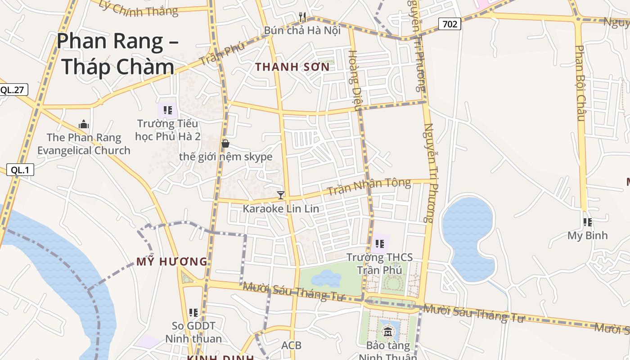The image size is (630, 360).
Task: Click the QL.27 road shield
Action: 12,90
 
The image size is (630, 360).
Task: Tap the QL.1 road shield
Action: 20,170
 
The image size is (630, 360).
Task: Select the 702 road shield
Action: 450,24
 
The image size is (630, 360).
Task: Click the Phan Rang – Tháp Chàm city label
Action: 117,54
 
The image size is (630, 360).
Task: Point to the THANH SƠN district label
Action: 292,67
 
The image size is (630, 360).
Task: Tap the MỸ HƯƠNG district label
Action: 172,261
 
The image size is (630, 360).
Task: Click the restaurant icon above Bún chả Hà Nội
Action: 302,17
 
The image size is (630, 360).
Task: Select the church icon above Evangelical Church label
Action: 84,124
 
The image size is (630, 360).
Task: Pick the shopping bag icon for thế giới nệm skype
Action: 225,144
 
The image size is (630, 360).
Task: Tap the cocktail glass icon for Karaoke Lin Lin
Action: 281,195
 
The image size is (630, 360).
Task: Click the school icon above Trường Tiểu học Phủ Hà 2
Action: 168,110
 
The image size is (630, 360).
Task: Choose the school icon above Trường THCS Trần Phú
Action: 379,244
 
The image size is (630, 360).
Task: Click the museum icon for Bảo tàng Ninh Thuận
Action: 387,333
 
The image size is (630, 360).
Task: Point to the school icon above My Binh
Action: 587,222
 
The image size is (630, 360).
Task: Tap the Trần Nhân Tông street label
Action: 369,186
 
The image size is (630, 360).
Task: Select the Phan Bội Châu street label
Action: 580,83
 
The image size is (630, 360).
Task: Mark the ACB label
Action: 291,346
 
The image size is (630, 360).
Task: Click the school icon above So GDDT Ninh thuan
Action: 193,312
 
